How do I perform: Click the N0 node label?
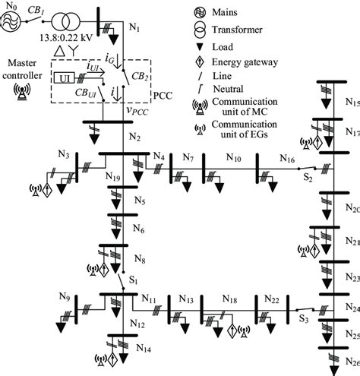[x=8, y=6]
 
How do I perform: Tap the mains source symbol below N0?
[x=11, y=22]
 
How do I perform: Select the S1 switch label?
[x=134, y=281]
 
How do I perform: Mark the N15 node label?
[x=350, y=102]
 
